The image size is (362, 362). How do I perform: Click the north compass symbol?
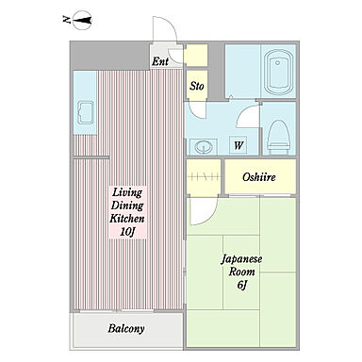(x=82, y=21)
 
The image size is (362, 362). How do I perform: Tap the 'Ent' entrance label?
(x=160, y=61)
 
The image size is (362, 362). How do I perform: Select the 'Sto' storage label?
(x=197, y=86)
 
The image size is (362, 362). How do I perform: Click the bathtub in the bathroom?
(x=278, y=72)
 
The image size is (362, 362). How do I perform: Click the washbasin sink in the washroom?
(x=203, y=146)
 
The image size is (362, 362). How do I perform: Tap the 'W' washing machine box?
(x=239, y=145)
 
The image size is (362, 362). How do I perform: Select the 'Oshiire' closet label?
(x=259, y=177)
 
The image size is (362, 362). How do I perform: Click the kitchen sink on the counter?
(x=85, y=112)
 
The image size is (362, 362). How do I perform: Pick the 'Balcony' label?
(x=126, y=329)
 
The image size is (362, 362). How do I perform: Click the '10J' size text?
(x=127, y=232)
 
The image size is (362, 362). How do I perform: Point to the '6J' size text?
(x=241, y=285)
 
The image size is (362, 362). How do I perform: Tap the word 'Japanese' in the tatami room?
(x=241, y=260)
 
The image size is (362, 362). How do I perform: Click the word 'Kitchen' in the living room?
(x=127, y=219)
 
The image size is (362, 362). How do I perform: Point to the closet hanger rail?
(x=203, y=177)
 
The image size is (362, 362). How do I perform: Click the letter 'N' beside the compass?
(x=66, y=20)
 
